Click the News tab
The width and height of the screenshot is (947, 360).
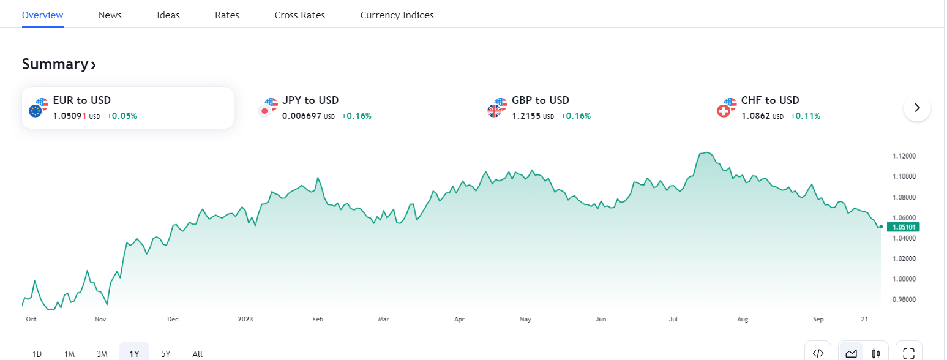tap(110, 15)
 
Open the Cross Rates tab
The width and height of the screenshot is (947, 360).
tap(300, 15)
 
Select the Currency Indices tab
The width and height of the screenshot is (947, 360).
tap(397, 15)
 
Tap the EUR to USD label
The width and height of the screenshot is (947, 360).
tap(82, 100)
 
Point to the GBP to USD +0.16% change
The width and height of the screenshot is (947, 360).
tap(575, 116)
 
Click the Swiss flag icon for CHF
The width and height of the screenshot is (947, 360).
tap(724, 111)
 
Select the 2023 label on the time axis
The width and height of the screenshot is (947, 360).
tap(245, 319)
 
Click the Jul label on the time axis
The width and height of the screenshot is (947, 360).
tap(673, 319)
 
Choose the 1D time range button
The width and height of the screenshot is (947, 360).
tap(37, 353)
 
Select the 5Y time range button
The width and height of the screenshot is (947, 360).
tap(165, 353)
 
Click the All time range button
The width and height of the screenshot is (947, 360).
tap(197, 353)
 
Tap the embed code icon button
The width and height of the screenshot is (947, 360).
tap(818, 353)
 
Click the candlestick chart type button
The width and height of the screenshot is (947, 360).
tap(877, 353)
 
